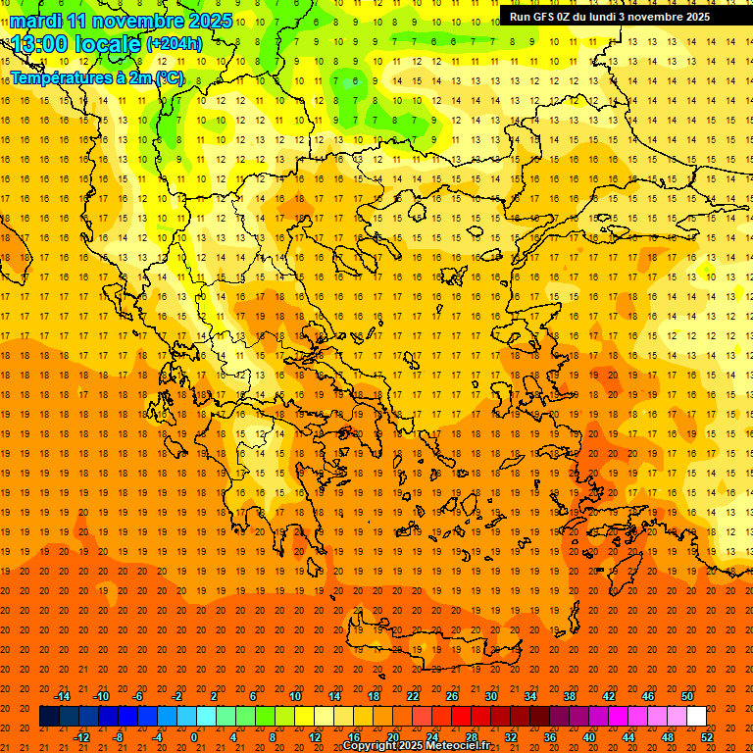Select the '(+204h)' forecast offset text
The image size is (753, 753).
pos(174,43)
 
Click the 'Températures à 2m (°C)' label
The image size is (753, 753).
pos(96,77)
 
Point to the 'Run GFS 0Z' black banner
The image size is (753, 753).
pos(617,17)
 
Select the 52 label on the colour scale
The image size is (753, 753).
pos(708,737)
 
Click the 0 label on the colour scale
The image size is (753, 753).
pos(194,737)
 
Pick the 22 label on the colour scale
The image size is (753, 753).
pos(413,696)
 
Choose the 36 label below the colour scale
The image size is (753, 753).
pos(550,737)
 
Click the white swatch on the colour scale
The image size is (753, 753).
pos(697,717)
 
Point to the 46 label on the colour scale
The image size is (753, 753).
pos(648,696)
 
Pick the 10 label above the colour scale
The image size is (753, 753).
pos(295,696)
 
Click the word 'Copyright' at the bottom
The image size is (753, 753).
pos(371,746)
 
